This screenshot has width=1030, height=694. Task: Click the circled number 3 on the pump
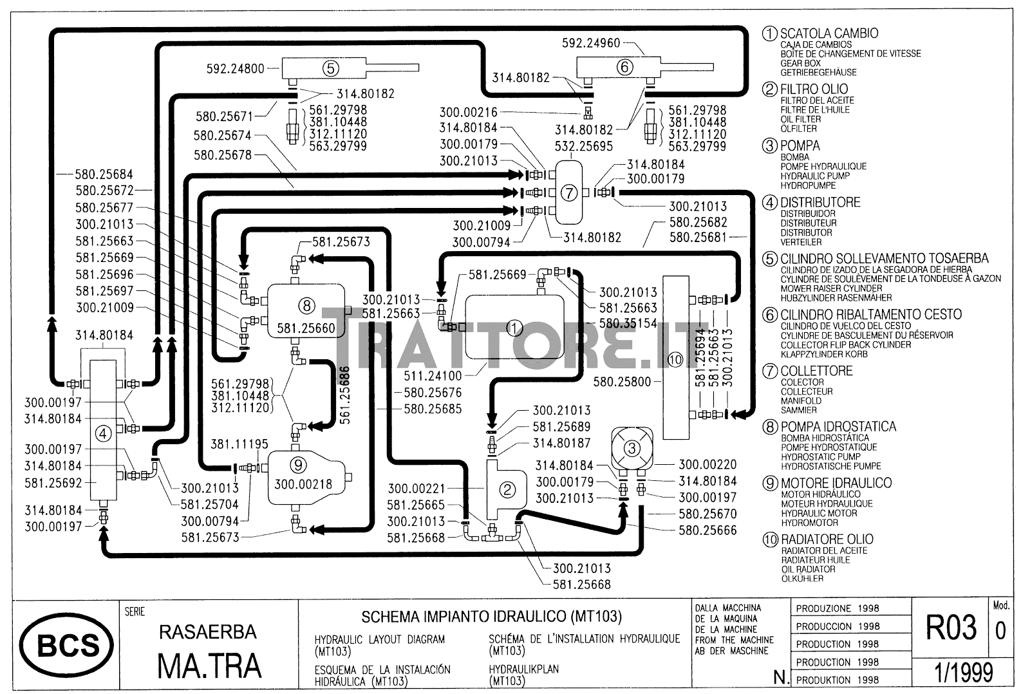tap(632, 448)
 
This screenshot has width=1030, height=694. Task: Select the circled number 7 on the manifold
tap(569, 192)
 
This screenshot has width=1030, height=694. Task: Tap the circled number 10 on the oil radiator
tap(675, 360)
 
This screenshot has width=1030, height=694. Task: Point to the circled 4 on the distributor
tap(103, 435)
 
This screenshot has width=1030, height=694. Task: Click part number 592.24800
tap(236, 68)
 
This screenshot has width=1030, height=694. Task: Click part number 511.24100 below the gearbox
tap(433, 375)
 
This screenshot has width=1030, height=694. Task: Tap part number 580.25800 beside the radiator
tap(622, 382)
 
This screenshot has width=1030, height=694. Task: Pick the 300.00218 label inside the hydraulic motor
tap(303, 483)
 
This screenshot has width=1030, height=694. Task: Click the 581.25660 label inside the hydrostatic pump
tap(306, 328)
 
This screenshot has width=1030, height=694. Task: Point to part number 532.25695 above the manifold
tap(584, 146)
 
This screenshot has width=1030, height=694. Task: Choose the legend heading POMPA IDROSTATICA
tap(838, 427)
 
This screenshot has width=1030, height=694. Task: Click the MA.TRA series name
tap(210, 665)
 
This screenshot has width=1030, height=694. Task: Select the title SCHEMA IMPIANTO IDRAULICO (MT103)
tap(491, 617)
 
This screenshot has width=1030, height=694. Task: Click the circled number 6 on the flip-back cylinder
tap(624, 67)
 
